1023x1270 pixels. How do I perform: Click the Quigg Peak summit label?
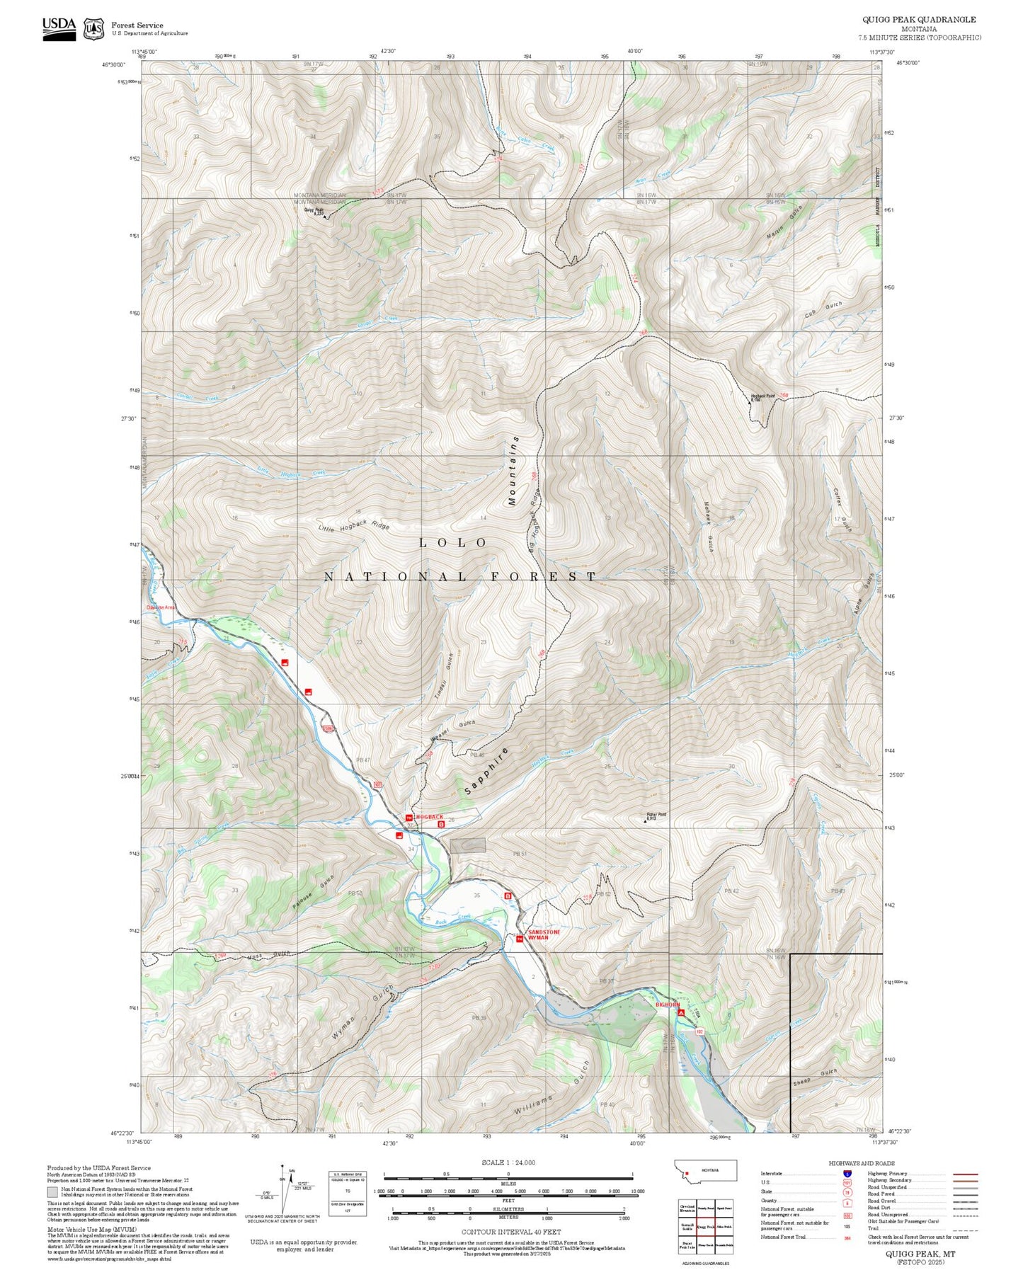314,210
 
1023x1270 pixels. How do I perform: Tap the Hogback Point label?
762,397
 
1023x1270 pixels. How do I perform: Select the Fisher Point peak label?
656,816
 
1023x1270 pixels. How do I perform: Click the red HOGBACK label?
429,817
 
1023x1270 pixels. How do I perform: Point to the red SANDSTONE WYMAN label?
544,934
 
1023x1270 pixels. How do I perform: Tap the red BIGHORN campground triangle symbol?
681,1013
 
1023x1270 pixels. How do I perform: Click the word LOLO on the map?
453,542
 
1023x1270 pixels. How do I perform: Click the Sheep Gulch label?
814,1077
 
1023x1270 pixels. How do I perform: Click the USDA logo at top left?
59,27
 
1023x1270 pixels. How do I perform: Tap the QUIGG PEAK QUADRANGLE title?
919,20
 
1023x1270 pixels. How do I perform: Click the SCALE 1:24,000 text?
508,1162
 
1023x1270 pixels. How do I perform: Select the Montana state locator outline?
705,1171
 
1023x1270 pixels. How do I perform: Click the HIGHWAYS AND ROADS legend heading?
861,1163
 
